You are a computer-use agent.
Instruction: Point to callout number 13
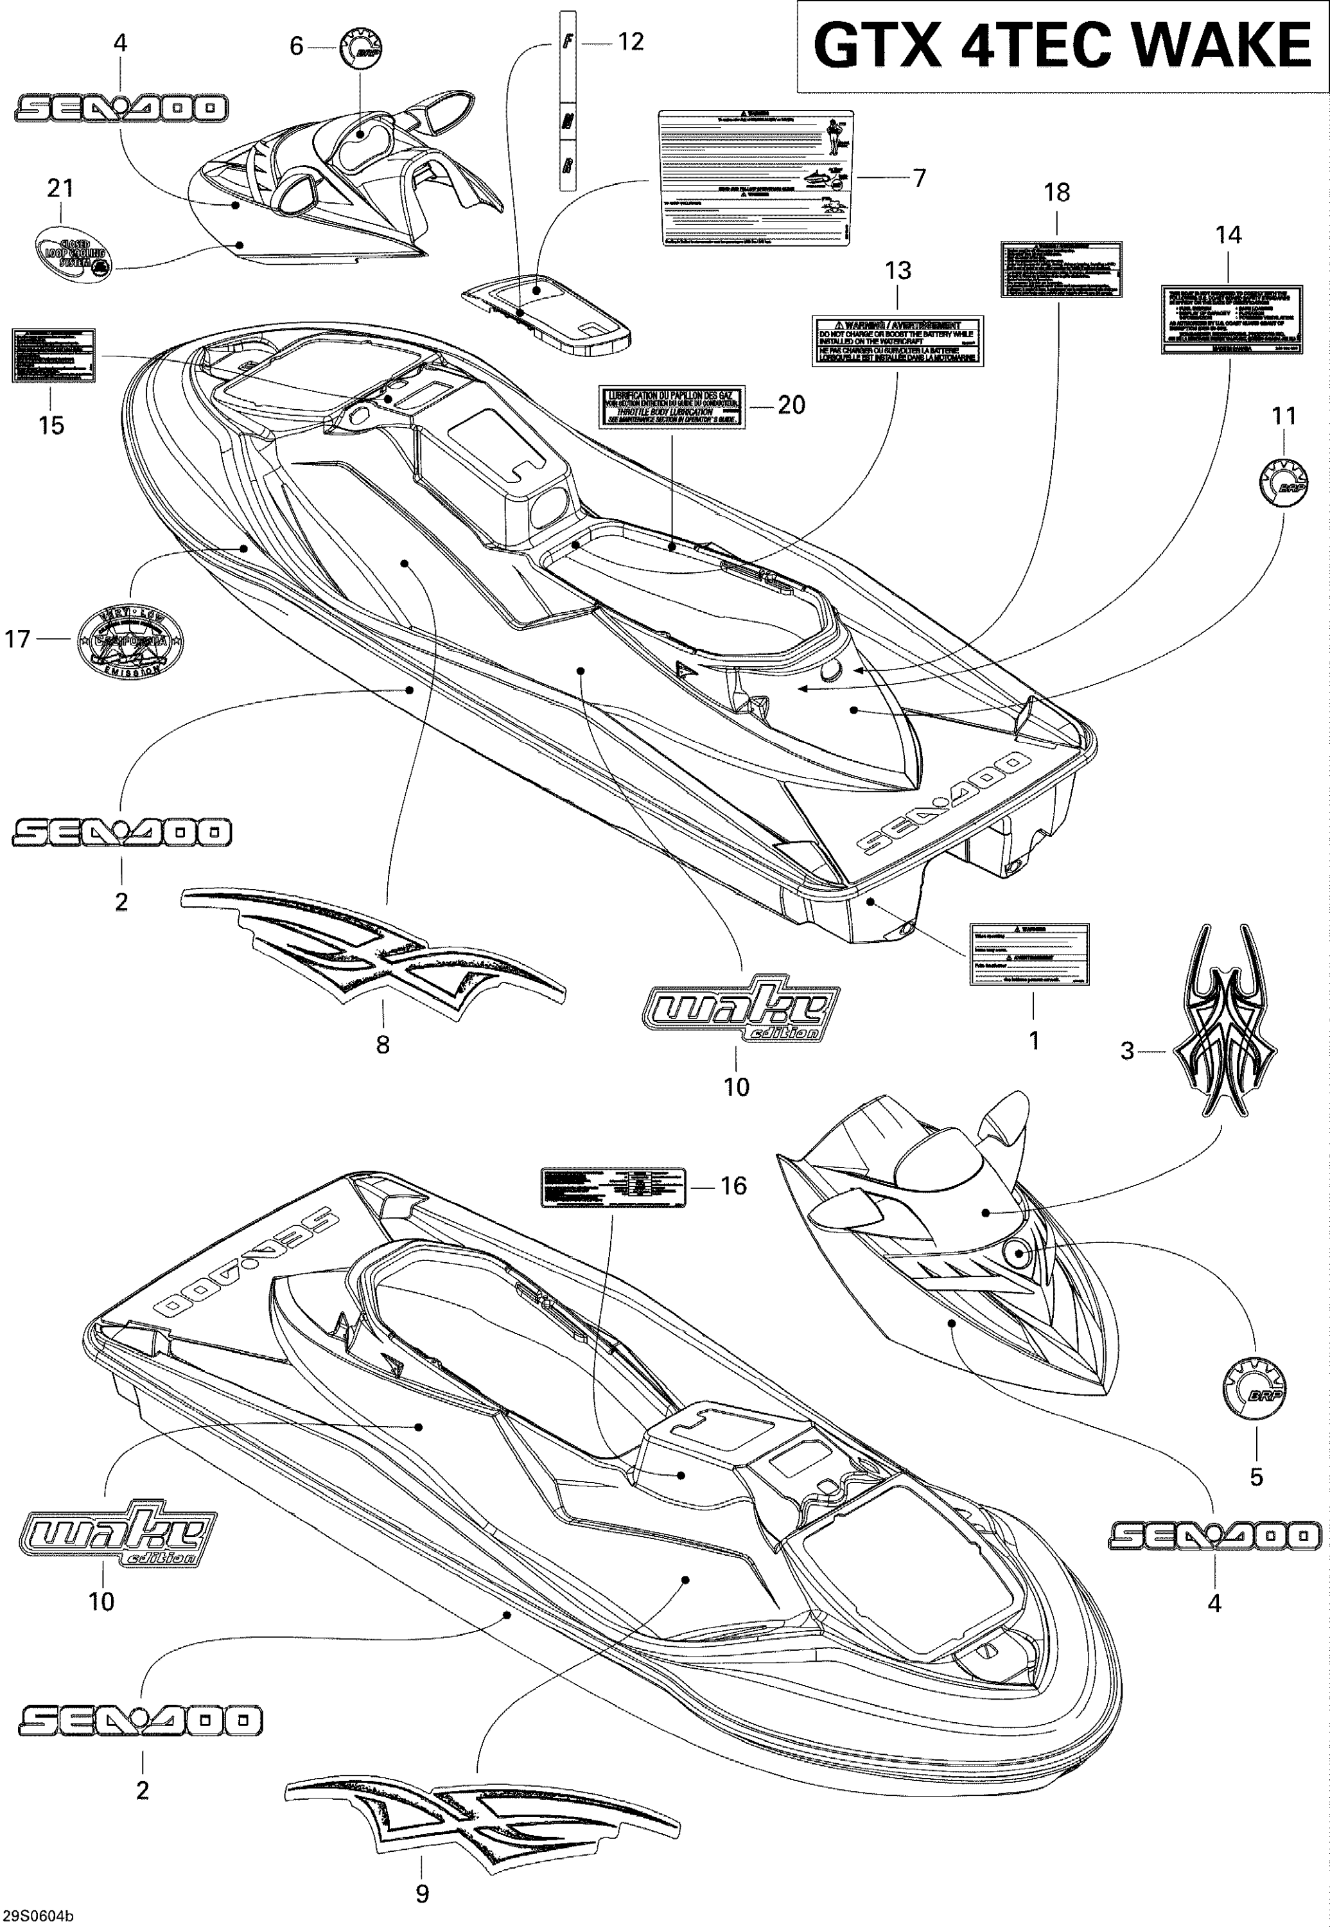point(898,271)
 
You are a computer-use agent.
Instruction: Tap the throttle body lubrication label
point(672,406)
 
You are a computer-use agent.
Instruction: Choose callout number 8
point(383,1044)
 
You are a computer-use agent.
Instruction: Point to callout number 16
point(733,1185)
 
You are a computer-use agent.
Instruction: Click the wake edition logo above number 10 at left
point(117,1535)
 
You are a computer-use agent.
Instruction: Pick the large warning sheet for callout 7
point(755,177)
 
